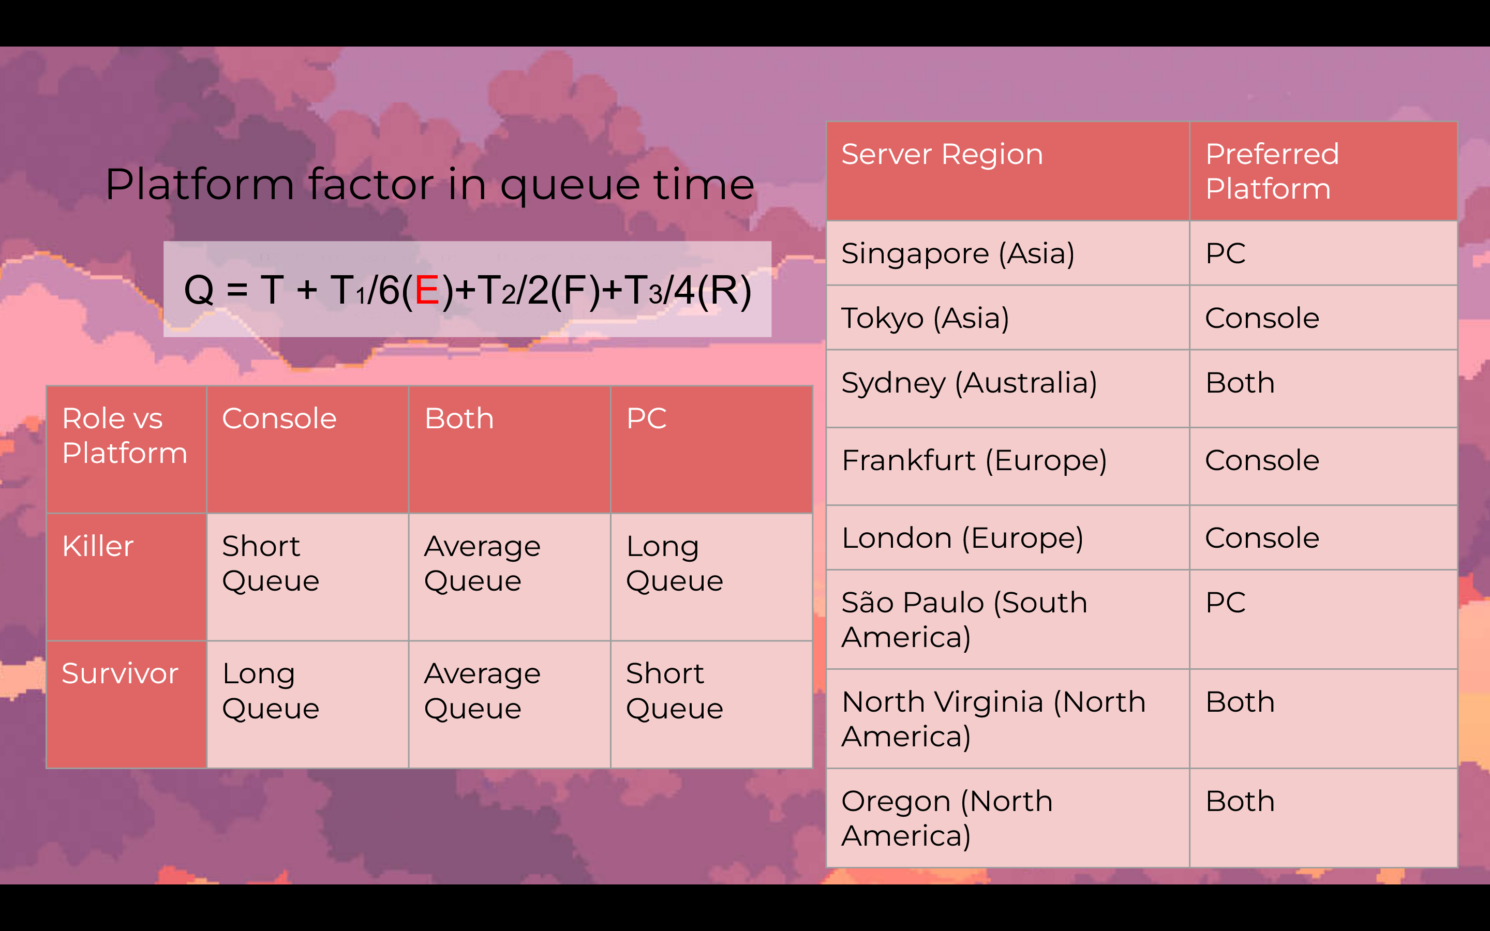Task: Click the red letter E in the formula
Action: [427, 290]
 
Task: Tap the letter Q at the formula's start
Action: [199, 290]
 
